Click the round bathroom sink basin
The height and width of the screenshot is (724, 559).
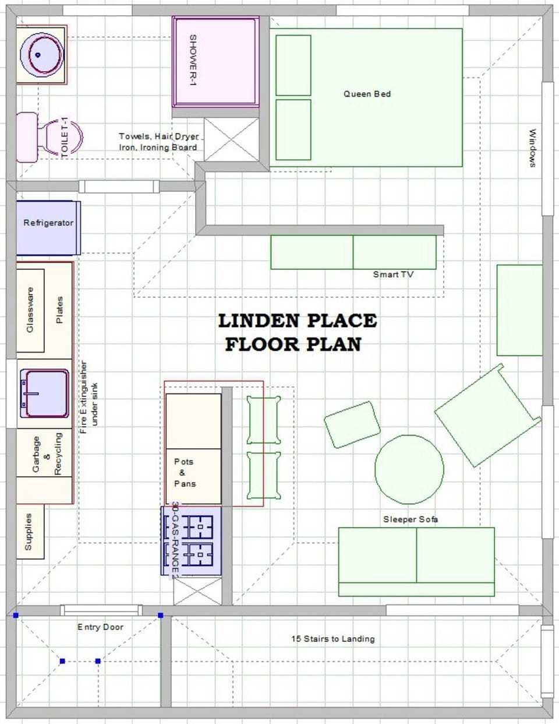pos(41,54)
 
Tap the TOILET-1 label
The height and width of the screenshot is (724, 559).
pos(65,137)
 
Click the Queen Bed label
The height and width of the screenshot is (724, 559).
pos(367,94)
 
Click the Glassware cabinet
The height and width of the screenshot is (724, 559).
pos(30,310)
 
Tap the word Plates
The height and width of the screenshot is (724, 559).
pos(59,310)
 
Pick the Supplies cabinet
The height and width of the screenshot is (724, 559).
pos(29,532)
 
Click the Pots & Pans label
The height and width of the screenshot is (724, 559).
pos(185,472)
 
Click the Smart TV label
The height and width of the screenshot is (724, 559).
pos(393,275)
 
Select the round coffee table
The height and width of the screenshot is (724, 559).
pos(409,469)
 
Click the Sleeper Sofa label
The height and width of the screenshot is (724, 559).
pos(411,519)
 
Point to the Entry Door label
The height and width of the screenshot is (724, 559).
pos(100,627)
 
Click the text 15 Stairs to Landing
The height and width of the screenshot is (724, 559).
pos(332,639)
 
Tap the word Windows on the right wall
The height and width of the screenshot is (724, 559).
pos(532,148)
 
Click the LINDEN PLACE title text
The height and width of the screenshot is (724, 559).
pos(297,321)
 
